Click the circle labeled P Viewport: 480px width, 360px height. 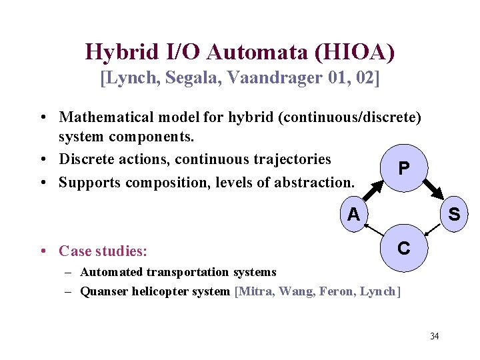[403, 169]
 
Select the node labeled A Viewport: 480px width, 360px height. [353, 214]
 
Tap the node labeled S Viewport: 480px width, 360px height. [453, 214]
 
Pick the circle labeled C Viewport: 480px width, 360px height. [403, 249]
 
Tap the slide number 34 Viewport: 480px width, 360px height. [434, 335]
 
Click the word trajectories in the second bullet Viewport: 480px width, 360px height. [292, 159]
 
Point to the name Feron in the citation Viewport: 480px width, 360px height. [335, 291]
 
